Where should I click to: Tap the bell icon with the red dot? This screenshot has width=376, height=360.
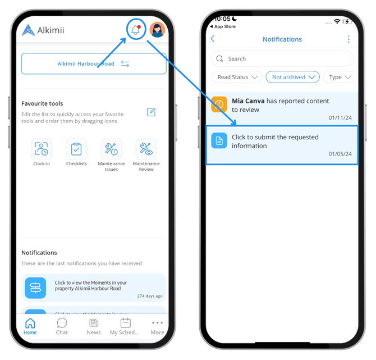(x=136, y=30)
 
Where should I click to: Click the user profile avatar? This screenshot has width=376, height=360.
(x=157, y=30)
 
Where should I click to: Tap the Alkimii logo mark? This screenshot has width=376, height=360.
(x=28, y=30)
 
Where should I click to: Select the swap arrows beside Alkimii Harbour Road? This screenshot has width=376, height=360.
(x=125, y=63)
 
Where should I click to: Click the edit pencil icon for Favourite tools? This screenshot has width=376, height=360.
(x=151, y=112)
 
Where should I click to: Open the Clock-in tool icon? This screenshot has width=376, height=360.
(x=42, y=149)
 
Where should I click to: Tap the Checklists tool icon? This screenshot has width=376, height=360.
(x=76, y=149)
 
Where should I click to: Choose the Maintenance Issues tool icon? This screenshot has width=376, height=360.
(x=111, y=149)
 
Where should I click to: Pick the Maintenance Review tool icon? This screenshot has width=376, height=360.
(x=146, y=149)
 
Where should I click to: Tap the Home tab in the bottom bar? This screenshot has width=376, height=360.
(x=30, y=326)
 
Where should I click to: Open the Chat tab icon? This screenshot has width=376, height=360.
(x=62, y=323)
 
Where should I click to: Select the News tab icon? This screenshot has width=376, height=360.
(x=94, y=323)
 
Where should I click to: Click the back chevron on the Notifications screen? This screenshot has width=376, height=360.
(x=213, y=39)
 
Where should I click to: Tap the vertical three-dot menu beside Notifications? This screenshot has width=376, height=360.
(x=349, y=39)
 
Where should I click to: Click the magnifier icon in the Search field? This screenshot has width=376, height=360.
(x=219, y=58)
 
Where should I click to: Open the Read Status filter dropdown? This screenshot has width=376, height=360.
(x=237, y=77)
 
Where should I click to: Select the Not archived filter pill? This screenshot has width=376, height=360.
(x=293, y=77)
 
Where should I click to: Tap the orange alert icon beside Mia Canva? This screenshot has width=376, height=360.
(x=219, y=104)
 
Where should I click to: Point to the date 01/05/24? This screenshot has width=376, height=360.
(x=340, y=154)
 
